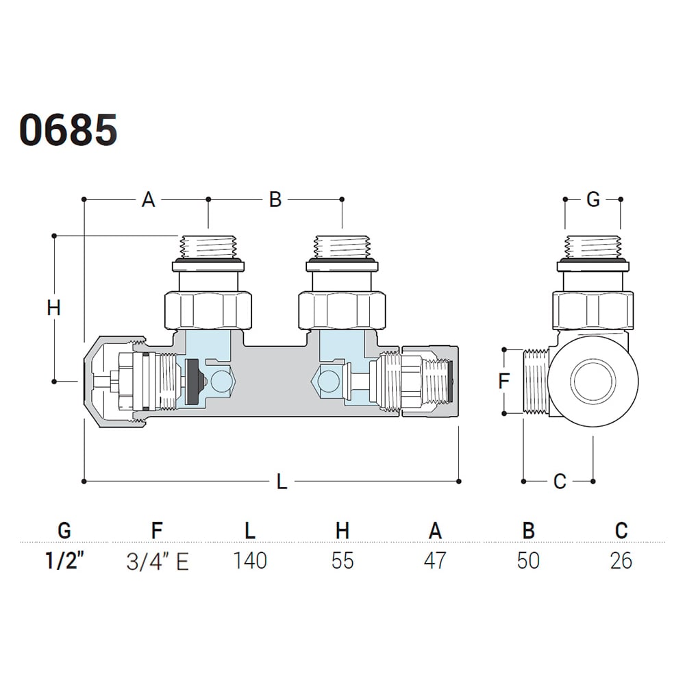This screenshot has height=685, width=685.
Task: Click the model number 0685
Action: point(68,129)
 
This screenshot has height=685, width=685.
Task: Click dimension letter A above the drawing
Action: point(148,200)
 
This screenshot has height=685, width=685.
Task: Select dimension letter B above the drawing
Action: point(275,200)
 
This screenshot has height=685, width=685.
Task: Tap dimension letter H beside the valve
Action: point(54,308)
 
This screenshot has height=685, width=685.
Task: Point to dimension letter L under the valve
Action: point(282,482)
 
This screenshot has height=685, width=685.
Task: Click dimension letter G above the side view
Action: point(593,200)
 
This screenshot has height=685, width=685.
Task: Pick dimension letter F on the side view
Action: point(504,381)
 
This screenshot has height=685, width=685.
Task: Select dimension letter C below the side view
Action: point(560,482)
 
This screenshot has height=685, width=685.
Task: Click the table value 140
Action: point(249,561)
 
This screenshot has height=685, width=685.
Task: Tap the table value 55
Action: point(342,561)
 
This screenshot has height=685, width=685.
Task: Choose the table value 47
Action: point(435,561)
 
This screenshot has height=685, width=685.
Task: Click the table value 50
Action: point(528,561)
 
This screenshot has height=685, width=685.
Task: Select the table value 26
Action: point(621,561)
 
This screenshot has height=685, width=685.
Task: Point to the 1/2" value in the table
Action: point(64,561)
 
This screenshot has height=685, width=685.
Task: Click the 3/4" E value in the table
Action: point(158,562)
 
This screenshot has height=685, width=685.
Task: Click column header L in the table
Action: point(250,530)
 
